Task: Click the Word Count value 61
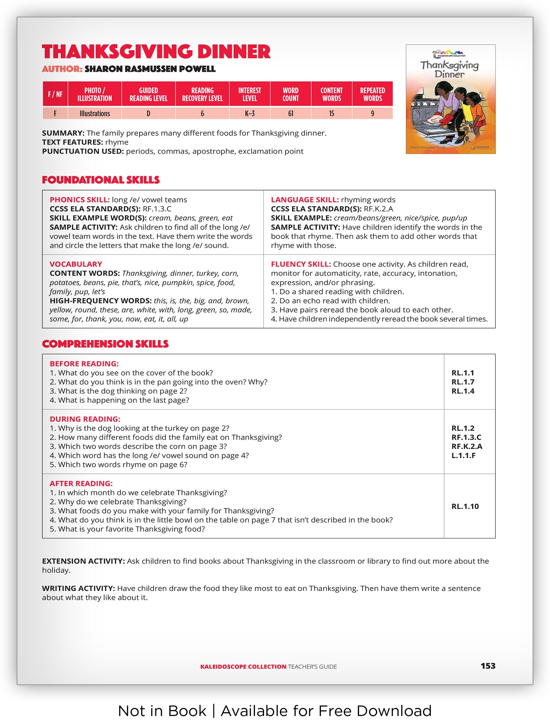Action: (x=290, y=113)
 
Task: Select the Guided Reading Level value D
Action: (x=149, y=113)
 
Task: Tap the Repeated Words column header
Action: (x=372, y=94)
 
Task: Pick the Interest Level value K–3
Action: (x=249, y=113)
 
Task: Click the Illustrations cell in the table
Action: (x=95, y=113)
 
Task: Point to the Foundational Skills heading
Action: (x=101, y=180)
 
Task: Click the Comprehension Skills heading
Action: (x=105, y=344)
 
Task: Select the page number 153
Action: (x=488, y=666)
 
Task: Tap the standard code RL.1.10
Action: (x=465, y=506)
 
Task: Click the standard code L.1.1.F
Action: (x=463, y=456)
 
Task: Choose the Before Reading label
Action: (x=84, y=364)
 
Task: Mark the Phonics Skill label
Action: (x=79, y=200)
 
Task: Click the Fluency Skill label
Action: (x=301, y=264)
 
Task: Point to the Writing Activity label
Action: (x=78, y=588)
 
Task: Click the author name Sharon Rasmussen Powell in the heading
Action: (x=150, y=69)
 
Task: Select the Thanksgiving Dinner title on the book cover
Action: (x=450, y=69)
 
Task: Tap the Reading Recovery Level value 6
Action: (x=202, y=113)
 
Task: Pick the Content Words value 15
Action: (x=331, y=113)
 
